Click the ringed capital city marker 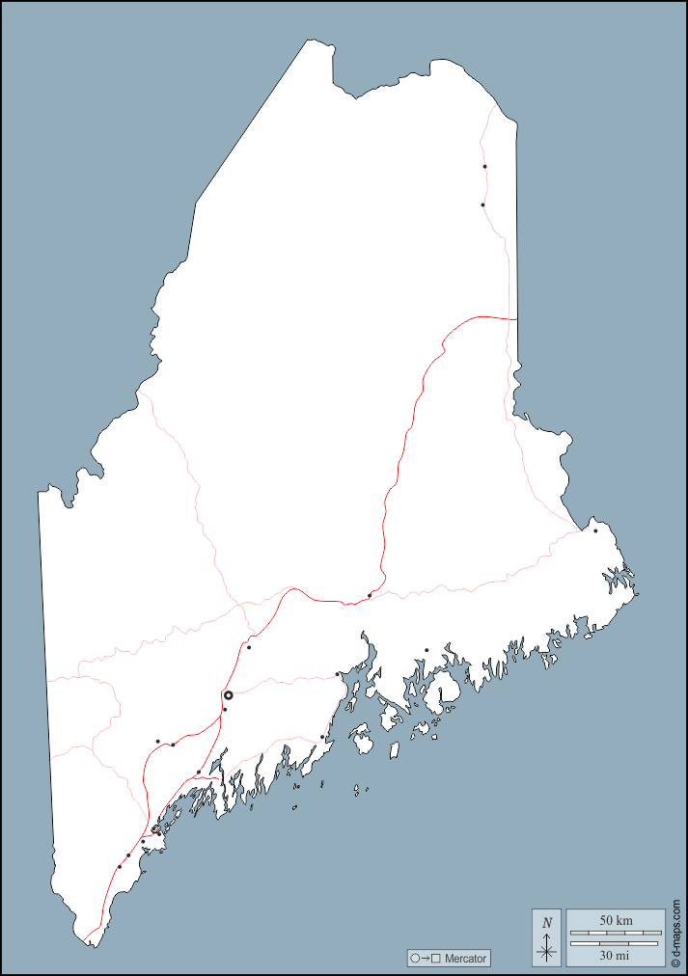[x=229, y=695]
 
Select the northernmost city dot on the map [x=484, y=167]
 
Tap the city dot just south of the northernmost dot [x=482, y=204]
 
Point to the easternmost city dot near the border [x=595, y=530]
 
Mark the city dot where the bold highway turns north [x=370, y=595]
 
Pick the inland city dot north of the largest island [x=427, y=650]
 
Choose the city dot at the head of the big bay [x=337, y=674]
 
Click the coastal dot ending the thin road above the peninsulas [x=322, y=737]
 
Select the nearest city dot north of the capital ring [x=249, y=647]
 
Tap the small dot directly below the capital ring [x=225, y=710]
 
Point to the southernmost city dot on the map [x=120, y=866]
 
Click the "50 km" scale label [x=616, y=921]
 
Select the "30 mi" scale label [x=616, y=955]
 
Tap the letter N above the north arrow [x=547, y=922]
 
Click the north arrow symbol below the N [x=547, y=948]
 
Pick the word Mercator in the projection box [x=466, y=959]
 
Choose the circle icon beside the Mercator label [x=415, y=959]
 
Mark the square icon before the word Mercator [x=436, y=959]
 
